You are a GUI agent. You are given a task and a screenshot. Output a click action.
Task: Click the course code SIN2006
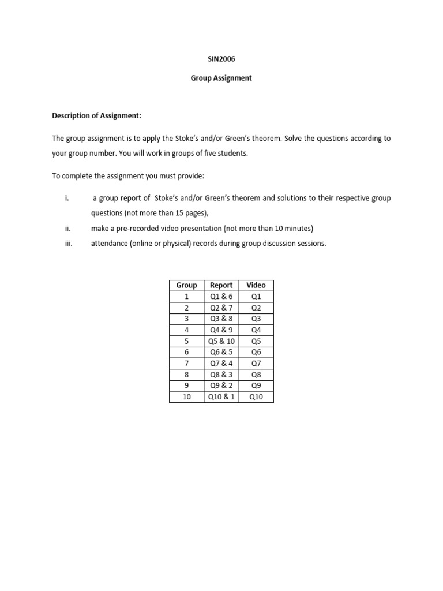(x=221, y=59)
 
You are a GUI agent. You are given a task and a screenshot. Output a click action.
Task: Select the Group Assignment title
(x=221, y=78)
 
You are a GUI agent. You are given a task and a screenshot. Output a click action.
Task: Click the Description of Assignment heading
(x=96, y=116)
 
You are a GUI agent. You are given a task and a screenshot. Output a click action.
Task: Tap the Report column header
(x=221, y=285)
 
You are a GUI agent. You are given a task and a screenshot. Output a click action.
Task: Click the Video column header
(x=256, y=285)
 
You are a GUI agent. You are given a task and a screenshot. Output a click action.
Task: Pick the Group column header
(x=186, y=285)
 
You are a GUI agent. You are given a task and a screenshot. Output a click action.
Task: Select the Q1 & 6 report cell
(x=221, y=297)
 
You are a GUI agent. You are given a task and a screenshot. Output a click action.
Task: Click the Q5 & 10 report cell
(x=221, y=341)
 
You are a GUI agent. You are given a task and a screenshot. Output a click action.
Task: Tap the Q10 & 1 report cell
(x=221, y=397)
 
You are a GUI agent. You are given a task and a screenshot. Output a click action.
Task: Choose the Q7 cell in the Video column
(x=256, y=364)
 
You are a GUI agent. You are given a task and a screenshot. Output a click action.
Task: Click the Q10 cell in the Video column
(x=256, y=397)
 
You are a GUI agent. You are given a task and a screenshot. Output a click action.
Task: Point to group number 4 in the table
(x=186, y=330)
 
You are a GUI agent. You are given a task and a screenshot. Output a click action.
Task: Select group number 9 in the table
(x=186, y=386)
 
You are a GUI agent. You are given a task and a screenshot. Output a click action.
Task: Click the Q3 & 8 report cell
(x=221, y=319)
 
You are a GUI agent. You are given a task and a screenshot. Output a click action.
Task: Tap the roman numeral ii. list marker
(x=67, y=229)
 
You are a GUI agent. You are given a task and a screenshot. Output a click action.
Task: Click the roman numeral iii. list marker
(x=67, y=244)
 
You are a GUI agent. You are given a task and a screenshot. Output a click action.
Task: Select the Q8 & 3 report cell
(x=221, y=375)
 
